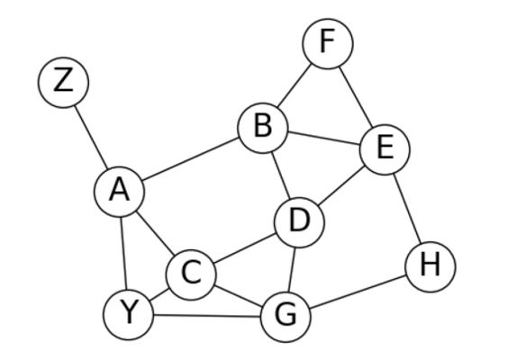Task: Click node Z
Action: pyautogui.click(x=63, y=82)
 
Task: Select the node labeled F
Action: pyautogui.click(x=328, y=44)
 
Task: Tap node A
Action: pyautogui.click(x=120, y=192)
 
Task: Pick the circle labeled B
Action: pyautogui.click(x=263, y=128)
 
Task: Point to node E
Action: pyautogui.click(x=385, y=149)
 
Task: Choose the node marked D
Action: pyautogui.click(x=299, y=222)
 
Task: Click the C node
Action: pyautogui.click(x=191, y=274)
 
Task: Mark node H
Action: pyautogui.click(x=431, y=266)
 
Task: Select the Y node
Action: pyautogui.click(x=129, y=314)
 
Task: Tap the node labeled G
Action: pyautogui.click(x=286, y=317)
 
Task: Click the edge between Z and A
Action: pyautogui.click(x=91, y=137)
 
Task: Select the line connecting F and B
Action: pyautogui.click(x=295, y=85)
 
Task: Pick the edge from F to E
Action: pyautogui.click(x=357, y=97)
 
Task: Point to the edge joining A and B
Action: pyautogui.click(x=191, y=159)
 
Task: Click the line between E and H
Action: pyautogui.click(x=408, y=208)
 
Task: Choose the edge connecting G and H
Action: pyautogui.click(x=358, y=292)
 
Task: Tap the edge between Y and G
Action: pyautogui.click(x=207, y=316)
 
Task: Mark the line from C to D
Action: pyautogui.click(x=245, y=248)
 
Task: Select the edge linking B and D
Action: pyautogui.click(x=281, y=175)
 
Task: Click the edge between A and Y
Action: pyautogui.click(x=124, y=253)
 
